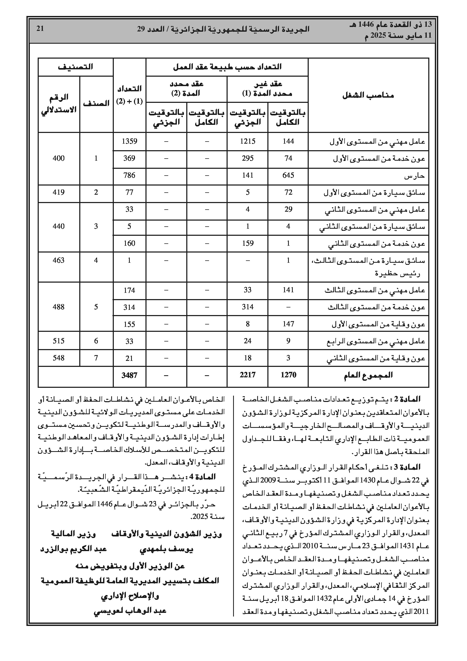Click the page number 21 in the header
click(40, 29)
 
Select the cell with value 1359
click(129, 141)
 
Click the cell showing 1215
click(247, 141)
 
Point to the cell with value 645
click(288, 175)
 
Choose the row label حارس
click(414, 176)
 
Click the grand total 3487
click(129, 375)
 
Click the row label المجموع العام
click(368, 375)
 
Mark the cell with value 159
click(247, 243)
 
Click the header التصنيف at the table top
click(75, 67)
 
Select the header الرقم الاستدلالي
click(59, 103)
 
